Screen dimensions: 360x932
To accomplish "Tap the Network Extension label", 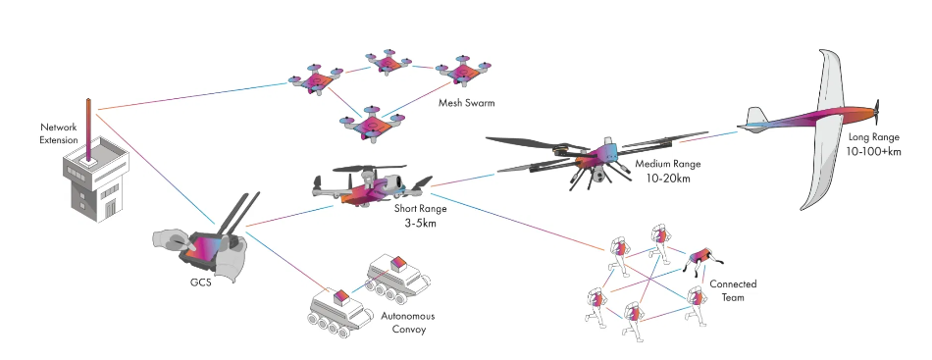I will [x=58, y=134].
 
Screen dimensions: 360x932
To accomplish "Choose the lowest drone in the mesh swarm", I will [x=371, y=125].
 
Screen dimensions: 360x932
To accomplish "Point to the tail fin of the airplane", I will [x=754, y=120].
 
